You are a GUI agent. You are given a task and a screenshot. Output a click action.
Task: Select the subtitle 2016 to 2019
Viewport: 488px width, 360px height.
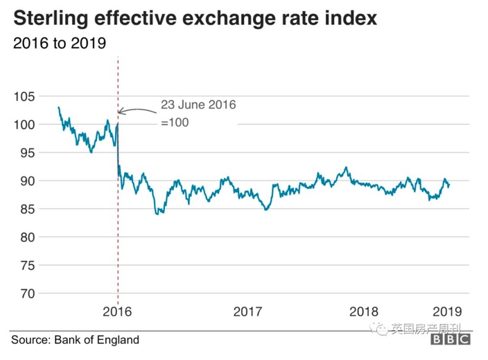[x=59, y=43]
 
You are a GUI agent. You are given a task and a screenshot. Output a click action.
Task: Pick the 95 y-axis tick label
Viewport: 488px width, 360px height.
[x=26, y=153]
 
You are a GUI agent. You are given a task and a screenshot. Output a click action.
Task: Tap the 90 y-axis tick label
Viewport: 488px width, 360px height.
[x=26, y=181]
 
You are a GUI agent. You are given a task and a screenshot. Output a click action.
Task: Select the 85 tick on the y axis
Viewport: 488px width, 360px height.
[x=26, y=209]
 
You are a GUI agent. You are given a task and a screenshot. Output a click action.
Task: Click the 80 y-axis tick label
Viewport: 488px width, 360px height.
[x=26, y=237]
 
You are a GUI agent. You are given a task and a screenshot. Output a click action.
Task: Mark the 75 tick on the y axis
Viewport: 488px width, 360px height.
[x=26, y=265]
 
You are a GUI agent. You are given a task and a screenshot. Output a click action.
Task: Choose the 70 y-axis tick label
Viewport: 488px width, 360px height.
[x=26, y=293]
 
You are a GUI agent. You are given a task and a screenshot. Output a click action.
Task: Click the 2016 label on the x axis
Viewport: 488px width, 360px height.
[x=118, y=310]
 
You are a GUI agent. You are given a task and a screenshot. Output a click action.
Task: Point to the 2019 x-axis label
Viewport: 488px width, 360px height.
[x=444, y=310]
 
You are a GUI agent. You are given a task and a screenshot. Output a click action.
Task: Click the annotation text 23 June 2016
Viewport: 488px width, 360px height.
[x=199, y=105]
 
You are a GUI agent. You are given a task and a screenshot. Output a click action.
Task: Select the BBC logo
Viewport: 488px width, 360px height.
[x=450, y=340]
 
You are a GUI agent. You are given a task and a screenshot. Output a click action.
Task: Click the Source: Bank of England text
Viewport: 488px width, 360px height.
[x=75, y=340]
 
